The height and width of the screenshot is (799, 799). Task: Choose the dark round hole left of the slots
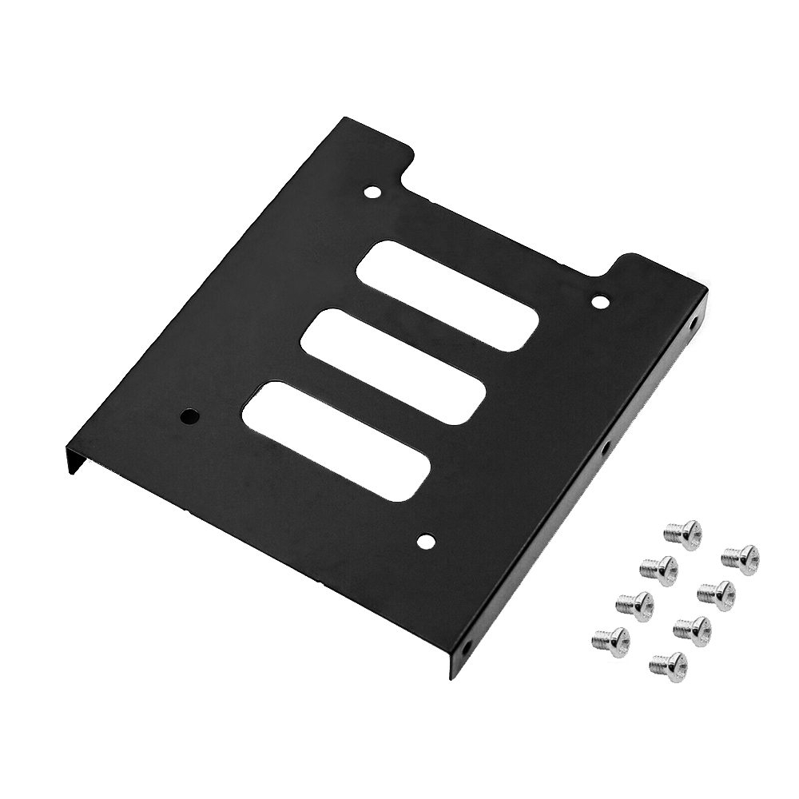(189, 416)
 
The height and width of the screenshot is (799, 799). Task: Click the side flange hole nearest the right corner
(692, 326)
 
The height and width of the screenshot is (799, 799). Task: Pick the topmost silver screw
(684, 531)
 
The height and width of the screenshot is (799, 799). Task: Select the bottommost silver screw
(668, 662)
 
